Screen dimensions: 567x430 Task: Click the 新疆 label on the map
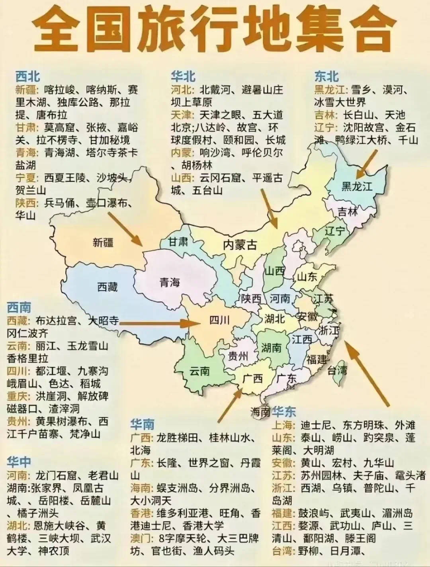click(x=103, y=242)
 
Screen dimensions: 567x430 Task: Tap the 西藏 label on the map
click(x=107, y=287)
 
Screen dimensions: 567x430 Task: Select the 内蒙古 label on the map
click(x=240, y=244)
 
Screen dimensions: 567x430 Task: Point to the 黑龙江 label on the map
click(x=357, y=186)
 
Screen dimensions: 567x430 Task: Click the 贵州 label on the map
click(x=238, y=355)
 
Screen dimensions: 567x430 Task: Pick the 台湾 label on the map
click(x=337, y=371)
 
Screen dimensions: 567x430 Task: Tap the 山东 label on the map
click(x=307, y=276)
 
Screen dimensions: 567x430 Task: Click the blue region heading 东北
click(x=326, y=76)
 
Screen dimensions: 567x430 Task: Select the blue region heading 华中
click(x=19, y=462)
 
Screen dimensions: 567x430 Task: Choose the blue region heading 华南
click(x=142, y=424)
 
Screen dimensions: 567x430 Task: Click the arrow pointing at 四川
click(x=155, y=323)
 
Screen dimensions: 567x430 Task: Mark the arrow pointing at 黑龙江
click(x=367, y=163)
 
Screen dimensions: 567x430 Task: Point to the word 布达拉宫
click(x=56, y=321)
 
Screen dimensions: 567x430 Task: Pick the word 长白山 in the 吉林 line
click(x=358, y=115)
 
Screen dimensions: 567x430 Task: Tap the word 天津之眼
click(x=221, y=115)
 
